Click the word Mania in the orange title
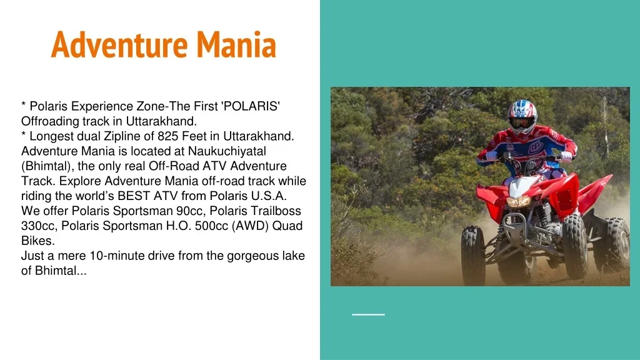[236, 44]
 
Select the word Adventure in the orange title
[119, 44]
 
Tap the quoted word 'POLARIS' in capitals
[250, 106]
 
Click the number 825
[167, 136]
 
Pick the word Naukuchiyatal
[227, 151]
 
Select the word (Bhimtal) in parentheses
[47, 166]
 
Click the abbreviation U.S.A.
[269, 196]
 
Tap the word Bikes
[38, 241]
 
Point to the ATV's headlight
[518, 201]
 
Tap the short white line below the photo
[368, 314]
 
